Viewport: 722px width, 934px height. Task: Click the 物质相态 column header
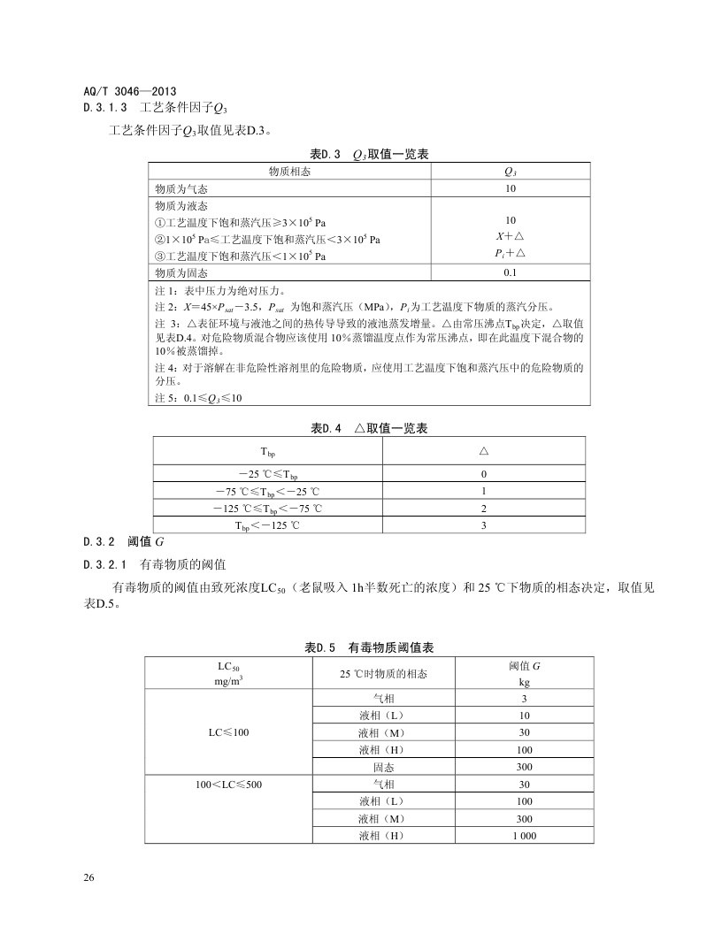pos(289,172)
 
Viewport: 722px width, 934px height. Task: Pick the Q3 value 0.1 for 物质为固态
pos(510,272)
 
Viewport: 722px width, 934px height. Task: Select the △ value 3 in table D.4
pos(484,524)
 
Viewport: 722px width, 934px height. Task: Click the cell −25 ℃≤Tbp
pos(267,474)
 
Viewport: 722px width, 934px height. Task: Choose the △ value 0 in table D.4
pos(484,474)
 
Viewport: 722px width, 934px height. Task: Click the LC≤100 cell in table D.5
pos(229,731)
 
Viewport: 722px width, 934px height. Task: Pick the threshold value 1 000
pos(525,835)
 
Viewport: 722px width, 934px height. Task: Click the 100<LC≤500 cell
pos(229,784)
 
